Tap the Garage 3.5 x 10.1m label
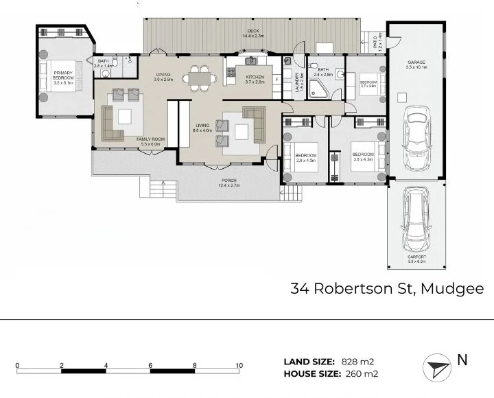[x=417, y=64]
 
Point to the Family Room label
[x=148, y=141]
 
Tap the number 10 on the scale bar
[x=239, y=365]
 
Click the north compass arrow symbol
[x=438, y=368]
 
